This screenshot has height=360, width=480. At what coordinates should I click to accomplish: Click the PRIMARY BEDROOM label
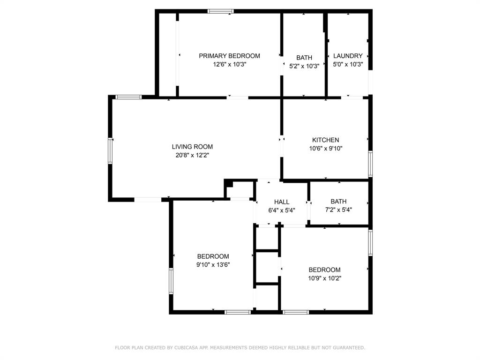pyautogui.click(x=229, y=56)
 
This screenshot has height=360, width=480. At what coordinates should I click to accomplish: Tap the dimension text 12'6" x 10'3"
pyautogui.click(x=229, y=64)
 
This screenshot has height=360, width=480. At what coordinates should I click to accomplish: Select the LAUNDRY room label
pyautogui.click(x=348, y=56)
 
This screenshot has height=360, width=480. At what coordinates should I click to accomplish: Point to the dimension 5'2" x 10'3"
pyautogui.click(x=304, y=66)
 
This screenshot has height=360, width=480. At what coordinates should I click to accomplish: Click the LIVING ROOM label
pyautogui.click(x=192, y=147)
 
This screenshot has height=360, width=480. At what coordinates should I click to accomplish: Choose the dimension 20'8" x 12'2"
pyautogui.click(x=192, y=155)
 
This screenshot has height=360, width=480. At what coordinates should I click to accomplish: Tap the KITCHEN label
pyautogui.click(x=325, y=140)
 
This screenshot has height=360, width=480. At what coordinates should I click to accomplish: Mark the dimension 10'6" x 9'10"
pyautogui.click(x=325, y=148)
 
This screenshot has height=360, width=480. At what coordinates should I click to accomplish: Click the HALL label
pyautogui.click(x=282, y=202)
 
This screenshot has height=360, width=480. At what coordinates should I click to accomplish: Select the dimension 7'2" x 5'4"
pyautogui.click(x=338, y=210)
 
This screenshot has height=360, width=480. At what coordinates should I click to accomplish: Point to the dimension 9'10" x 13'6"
pyautogui.click(x=213, y=264)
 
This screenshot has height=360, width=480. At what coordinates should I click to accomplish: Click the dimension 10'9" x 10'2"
pyautogui.click(x=324, y=278)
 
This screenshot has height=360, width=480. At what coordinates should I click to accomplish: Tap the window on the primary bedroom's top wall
pyautogui.click(x=220, y=11)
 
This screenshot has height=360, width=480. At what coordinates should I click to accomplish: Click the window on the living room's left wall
pyautogui.click(x=111, y=150)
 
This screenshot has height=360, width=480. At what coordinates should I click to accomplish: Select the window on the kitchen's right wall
pyautogui.click(x=370, y=164)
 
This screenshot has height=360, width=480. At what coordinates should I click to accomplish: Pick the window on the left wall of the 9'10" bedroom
pyautogui.click(x=171, y=280)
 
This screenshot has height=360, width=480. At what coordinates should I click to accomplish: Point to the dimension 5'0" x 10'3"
pyautogui.click(x=348, y=64)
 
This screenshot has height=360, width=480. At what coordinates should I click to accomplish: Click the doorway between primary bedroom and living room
pyautogui.click(x=238, y=97)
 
